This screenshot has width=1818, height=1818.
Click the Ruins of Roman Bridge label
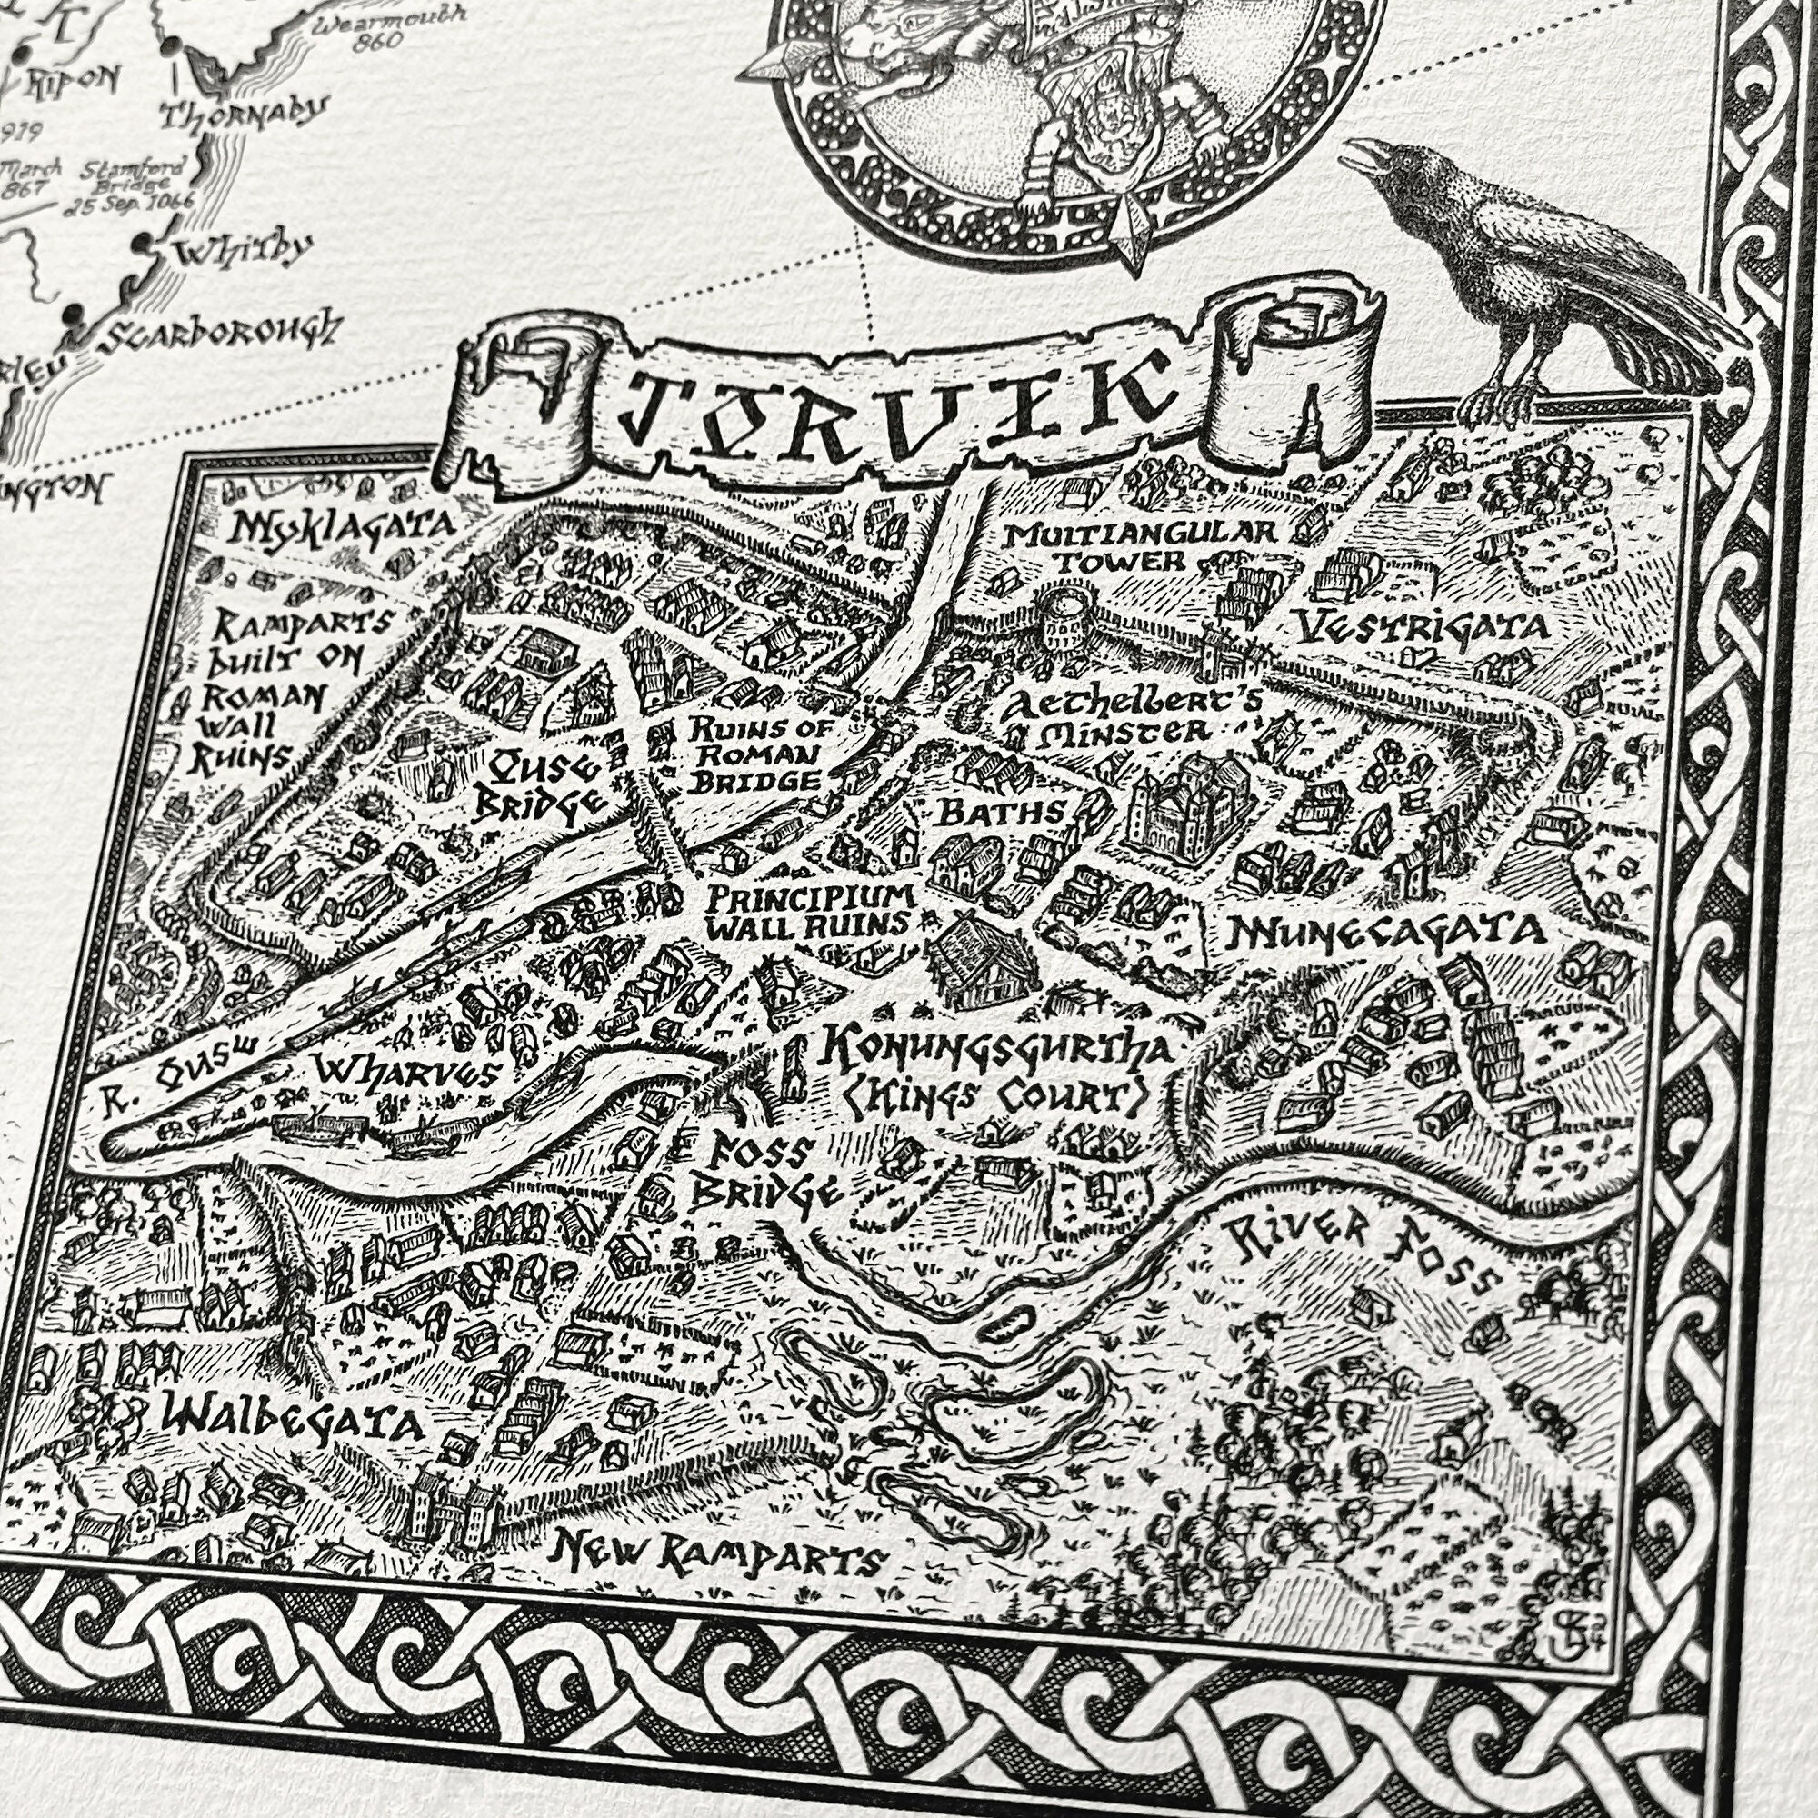coord(748,754)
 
